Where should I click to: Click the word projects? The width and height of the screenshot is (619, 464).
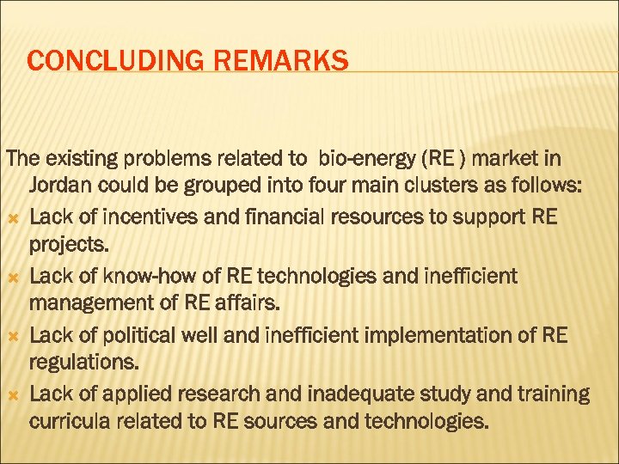point(70,245)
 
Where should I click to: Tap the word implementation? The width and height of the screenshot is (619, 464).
point(425,335)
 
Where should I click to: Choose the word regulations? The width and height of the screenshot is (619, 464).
point(83,363)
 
